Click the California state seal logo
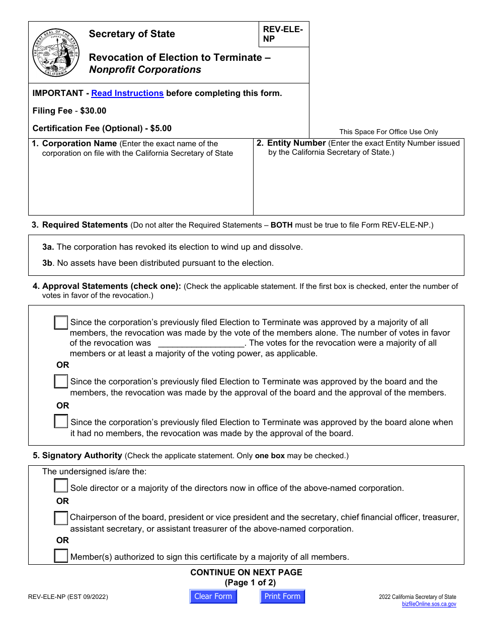point(56,52)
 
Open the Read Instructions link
point(127,93)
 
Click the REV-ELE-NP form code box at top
point(283,34)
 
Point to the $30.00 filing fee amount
point(93,111)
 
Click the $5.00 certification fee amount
point(161,128)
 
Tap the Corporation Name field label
point(79,143)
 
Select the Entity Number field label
point(296,143)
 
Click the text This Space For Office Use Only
point(388,132)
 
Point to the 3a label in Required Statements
point(48,247)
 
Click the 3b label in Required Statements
point(48,263)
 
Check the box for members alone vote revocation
point(61,323)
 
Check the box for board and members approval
point(61,382)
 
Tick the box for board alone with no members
point(61,422)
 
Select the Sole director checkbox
point(61,486)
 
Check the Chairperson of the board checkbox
point(61,518)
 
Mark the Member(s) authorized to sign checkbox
point(61,556)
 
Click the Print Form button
point(282,596)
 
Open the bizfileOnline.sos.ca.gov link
point(429,604)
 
